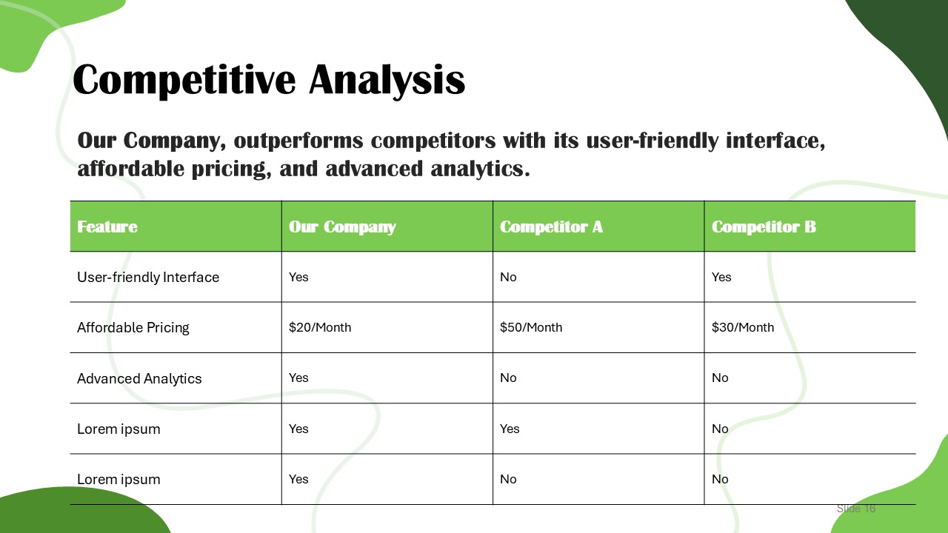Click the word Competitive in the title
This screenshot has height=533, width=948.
184,81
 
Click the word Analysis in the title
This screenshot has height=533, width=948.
387,81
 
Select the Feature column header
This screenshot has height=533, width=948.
107,227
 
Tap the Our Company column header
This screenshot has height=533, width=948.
342,227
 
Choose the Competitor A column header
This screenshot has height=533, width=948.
551,227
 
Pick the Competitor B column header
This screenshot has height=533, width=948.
764,227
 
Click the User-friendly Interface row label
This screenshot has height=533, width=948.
148,277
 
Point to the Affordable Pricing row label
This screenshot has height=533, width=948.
133,327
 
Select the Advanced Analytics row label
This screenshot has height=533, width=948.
139,378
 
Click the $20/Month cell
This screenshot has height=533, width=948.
320,327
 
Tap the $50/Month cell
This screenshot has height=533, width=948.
531,327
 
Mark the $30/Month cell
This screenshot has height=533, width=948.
743,327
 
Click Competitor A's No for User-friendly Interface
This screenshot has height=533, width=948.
508,277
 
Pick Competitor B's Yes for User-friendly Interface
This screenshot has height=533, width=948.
721,277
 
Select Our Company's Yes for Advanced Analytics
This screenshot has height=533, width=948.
298,378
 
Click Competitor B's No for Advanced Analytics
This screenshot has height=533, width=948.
720,378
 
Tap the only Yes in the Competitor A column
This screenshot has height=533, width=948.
510,429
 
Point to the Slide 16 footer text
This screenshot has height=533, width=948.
855,509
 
